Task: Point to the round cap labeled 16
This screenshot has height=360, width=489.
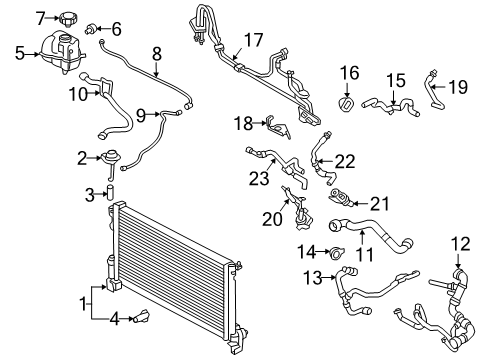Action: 348,104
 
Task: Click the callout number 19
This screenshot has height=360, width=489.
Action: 457,87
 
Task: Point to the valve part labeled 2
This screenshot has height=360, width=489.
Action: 109,157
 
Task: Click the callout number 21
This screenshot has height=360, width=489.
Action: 380,200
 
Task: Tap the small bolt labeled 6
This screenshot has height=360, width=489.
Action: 96,28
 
